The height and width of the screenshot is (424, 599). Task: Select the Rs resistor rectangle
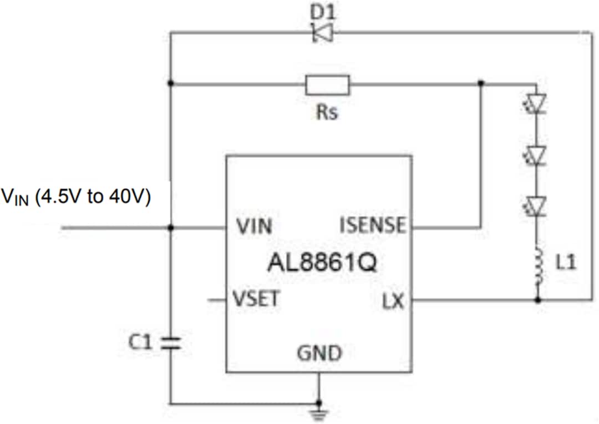point(327,85)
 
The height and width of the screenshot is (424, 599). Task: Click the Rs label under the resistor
point(327,113)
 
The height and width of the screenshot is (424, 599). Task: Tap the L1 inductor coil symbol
point(536,266)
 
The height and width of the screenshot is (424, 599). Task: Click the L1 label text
point(566,263)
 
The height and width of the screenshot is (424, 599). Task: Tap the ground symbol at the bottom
point(319,412)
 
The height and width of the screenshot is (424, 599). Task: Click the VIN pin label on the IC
point(254,227)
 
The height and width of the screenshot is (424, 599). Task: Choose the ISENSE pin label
point(372,225)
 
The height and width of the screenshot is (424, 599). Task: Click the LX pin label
point(393,302)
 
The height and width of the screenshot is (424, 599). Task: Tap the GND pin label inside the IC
point(319,352)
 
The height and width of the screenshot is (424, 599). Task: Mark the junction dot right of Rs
point(481,83)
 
